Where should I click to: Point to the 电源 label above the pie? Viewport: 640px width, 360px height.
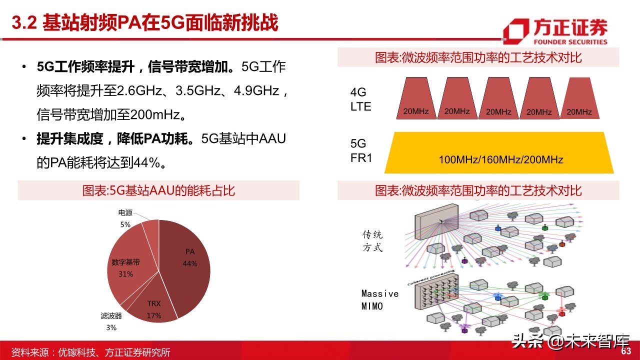pos(125,213)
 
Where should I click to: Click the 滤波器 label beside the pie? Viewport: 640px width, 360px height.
pos(111,315)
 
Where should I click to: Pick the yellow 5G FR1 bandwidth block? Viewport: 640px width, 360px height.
pos(499,152)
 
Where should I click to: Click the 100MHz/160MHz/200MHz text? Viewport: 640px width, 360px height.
pos(501,159)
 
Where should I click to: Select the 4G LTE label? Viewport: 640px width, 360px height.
pos(360,99)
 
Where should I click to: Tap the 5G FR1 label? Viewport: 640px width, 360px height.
pos(361,150)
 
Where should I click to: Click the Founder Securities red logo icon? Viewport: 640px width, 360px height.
pos(516,31)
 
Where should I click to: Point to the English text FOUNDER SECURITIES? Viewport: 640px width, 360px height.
pos(570,42)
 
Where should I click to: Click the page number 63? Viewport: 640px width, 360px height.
pos(626,351)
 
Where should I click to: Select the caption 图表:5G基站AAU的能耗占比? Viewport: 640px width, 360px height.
pos(158,190)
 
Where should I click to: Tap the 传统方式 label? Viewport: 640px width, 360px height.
pos(372,241)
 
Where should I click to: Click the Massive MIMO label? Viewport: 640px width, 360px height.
pos(379,299)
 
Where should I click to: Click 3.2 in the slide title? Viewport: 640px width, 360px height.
pos(24,22)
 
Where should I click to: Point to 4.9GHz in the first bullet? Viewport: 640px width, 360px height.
pos(256,90)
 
